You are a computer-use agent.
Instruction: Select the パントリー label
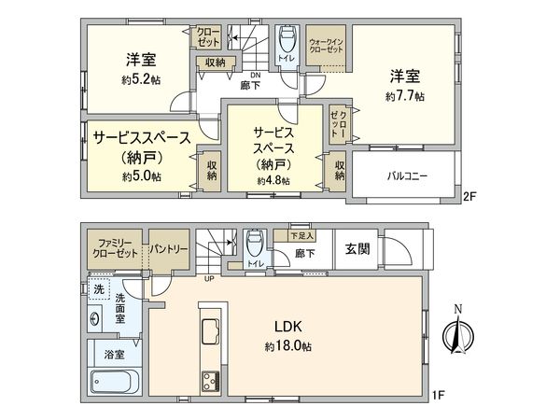[170, 249]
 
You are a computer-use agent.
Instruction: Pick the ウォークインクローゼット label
[328, 46]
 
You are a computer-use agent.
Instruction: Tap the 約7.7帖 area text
[406, 95]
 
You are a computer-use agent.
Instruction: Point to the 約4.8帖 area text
[273, 180]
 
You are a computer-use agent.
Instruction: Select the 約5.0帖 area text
[142, 175]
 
